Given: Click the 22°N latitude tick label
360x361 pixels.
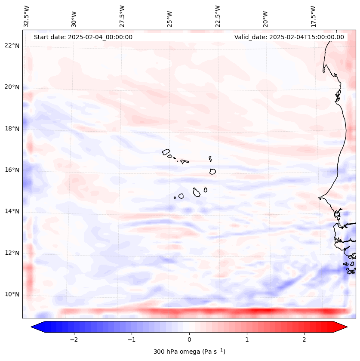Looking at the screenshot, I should (12, 46).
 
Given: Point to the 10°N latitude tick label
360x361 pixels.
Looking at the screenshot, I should (12, 294).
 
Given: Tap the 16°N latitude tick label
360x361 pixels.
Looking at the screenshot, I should (12, 170).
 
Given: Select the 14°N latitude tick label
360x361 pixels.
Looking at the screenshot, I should (12, 211).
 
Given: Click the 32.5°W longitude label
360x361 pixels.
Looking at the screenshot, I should (27, 16).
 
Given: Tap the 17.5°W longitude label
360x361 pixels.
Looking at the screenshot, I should (314, 16).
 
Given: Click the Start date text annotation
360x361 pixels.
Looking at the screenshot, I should (83, 37).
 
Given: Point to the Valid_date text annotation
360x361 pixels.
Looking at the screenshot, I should (289, 37).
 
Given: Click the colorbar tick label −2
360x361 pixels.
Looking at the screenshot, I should (74, 339).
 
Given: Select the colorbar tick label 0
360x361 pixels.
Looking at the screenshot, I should (189, 339).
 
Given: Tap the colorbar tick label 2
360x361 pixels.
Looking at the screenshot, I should (305, 339).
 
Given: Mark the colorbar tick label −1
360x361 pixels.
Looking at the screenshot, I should (131, 339).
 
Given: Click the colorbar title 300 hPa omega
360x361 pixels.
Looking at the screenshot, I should (189, 352).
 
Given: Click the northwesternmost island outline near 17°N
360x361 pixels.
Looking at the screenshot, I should (166, 151).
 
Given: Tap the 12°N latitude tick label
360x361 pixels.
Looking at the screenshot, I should (12, 253).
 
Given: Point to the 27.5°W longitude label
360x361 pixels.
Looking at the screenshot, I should (122, 16).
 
